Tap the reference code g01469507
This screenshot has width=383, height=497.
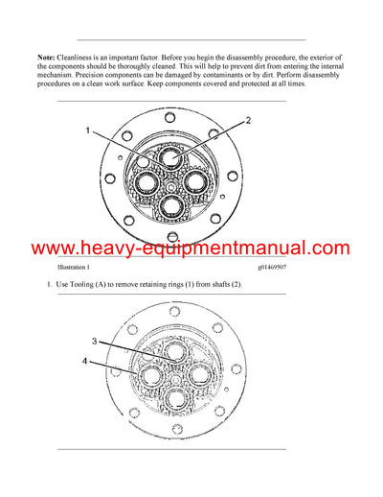[x=278, y=268]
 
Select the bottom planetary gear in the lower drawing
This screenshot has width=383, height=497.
[x=173, y=396]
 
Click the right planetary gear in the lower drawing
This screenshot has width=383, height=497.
[x=197, y=373]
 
